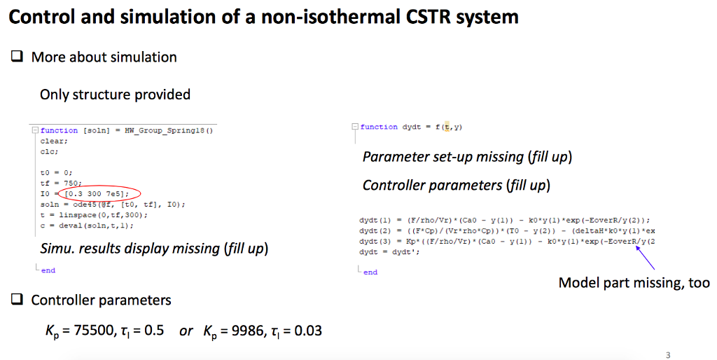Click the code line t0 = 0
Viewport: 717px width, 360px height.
(x=56, y=172)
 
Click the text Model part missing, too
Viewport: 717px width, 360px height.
(x=634, y=283)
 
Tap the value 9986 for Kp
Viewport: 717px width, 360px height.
(x=245, y=330)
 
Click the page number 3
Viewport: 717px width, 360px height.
(x=668, y=354)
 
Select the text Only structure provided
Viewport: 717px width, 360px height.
(x=115, y=94)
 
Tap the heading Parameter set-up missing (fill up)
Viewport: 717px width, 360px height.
(x=467, y=157)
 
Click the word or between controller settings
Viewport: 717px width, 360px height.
(x=186, y=330)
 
